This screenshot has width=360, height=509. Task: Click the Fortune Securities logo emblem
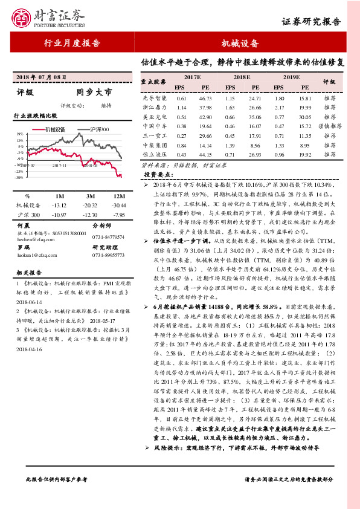(23, 19)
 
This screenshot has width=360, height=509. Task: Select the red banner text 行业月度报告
(72, 44)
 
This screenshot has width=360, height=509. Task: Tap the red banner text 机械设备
(240, 44)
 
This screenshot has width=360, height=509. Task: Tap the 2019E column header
(292, 77)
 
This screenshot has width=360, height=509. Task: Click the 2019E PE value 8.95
(304, 145)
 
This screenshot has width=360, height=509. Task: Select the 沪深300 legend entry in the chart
(96, 129)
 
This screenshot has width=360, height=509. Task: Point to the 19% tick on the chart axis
(19, 134)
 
